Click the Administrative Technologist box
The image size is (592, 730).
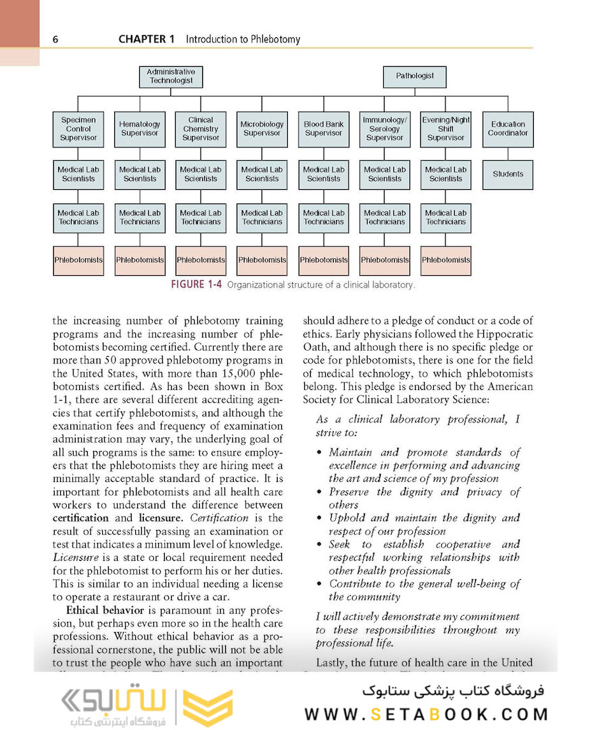tap(171, 76)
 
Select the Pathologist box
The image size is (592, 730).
tap(415, 76)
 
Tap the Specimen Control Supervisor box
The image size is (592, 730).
tap(78, 129)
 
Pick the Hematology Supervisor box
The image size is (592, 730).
tap(140, 129)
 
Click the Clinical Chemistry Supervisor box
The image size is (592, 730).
tap(201, 129)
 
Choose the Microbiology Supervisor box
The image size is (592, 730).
tap(262, 129)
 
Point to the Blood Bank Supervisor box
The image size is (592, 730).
tap(324, 129)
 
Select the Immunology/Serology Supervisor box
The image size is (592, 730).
tap(385, 129)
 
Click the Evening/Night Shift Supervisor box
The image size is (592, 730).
tap(445, 129)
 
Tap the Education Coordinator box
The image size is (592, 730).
tap(508, 129)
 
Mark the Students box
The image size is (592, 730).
tap(508, 174)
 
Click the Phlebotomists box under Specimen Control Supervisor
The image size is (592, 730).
tap(78, 260)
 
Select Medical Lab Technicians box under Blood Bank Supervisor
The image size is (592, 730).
tap(324, 218)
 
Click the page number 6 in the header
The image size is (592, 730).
tap(55, 39)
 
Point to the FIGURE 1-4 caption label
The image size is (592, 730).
tap(197, 285)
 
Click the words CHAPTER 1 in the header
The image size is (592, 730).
tap(147, 39)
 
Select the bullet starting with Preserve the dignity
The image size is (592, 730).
tap(419, 498)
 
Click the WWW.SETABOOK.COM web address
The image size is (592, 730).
tap(426, 714)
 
